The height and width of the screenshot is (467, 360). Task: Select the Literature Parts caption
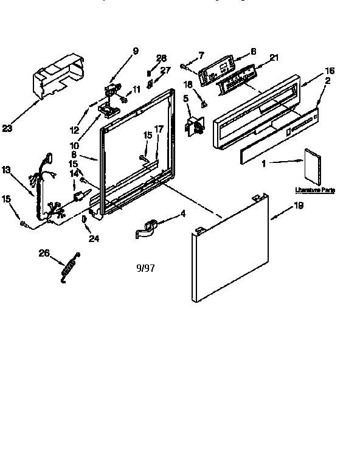[x=314, y=190]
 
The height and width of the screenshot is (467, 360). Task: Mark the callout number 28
[x=161, y=58]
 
